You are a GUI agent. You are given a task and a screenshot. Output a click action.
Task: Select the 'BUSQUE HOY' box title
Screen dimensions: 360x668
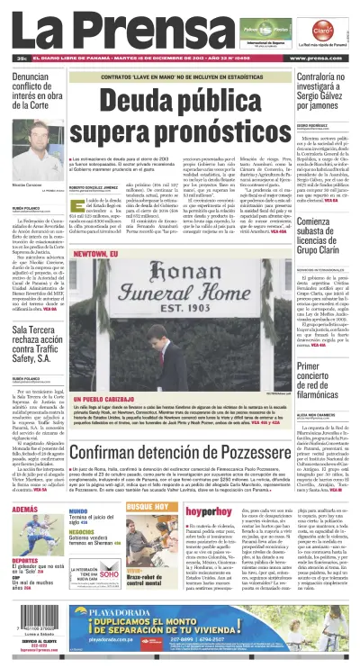click(x=146, y=508)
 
